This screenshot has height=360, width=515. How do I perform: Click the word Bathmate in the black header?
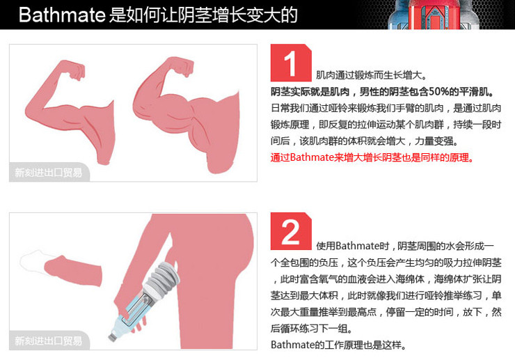pos(62,15)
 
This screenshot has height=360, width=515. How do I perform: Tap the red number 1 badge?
pos(291,63)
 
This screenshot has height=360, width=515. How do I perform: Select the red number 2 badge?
pos(291,231)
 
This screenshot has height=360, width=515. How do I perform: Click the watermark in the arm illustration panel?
pos(49,172)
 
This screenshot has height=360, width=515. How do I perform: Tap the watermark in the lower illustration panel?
pos(49,341)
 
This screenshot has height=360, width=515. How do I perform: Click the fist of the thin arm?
pos(76,70)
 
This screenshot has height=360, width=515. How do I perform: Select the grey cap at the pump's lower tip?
pos(113,337)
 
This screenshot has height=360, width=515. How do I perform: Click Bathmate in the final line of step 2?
pos(292,345)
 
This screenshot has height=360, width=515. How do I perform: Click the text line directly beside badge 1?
pos(371,75)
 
